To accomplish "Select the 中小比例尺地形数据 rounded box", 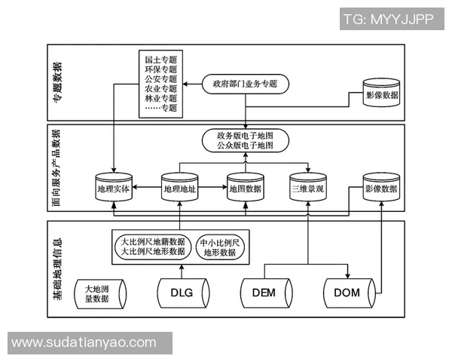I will coord(220,247).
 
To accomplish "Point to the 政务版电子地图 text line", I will coord(245,134).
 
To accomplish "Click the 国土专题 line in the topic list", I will coord(160,57).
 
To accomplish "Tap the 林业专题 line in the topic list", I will coord(160,98).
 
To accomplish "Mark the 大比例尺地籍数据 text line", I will coord(153,242).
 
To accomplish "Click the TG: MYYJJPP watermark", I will coord(388,20).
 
